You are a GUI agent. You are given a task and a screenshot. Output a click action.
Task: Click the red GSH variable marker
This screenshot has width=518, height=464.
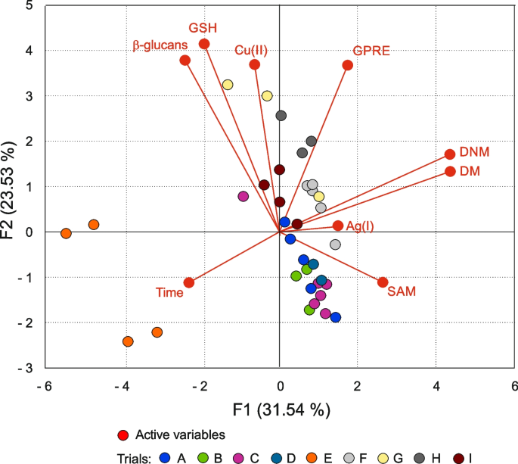tap(204, 44)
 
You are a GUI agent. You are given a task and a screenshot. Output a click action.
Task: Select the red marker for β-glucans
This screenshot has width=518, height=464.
tap(185, 61)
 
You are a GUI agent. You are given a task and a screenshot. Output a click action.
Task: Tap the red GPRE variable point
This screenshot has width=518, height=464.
tap(348, 65)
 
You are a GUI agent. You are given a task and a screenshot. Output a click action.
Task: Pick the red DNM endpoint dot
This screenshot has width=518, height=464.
tap(450, 154)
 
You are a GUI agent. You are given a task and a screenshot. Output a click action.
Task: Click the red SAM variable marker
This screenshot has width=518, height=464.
tap(383, 282)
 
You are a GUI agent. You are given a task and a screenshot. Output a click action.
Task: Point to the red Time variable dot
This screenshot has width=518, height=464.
tap(189, 282)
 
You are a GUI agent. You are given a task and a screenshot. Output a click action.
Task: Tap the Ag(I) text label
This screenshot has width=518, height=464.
tap(360, 226)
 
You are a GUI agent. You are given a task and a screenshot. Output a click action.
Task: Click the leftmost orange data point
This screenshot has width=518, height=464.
tap(66, 233)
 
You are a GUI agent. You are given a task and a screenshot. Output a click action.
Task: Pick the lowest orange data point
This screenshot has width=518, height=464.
tap(128, 341)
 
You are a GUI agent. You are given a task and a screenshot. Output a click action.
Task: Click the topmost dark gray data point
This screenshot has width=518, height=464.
tap(281, 116)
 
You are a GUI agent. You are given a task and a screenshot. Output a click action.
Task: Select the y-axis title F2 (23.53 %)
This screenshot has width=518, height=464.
tap(11, 186)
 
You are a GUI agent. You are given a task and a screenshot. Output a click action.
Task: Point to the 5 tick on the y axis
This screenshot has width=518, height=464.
tap(29, 5)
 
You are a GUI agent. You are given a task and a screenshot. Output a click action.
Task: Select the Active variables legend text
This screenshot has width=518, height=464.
tap(181, 434)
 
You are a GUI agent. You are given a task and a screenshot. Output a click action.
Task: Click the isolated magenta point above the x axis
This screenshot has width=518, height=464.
tap(243, 196)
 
